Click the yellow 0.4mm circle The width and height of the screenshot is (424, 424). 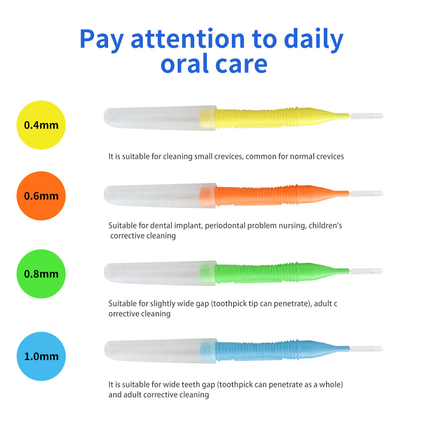click(x=41, y=125)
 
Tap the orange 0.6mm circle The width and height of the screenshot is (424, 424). click(x=41, y=196)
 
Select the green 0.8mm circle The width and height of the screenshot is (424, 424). click(x=41, y=273)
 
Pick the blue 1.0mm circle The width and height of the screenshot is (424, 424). click(x=41, y=356)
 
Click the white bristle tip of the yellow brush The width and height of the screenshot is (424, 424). click(x=367, y=116)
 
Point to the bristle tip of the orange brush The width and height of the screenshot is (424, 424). click(x=366, y=194)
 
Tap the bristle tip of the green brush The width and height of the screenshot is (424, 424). click(x=366, y=271)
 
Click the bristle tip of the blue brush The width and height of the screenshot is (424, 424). click(x=366, y=349)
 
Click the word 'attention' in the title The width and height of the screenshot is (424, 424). click(x=188, y=39)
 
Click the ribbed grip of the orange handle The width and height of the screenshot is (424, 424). click(x=257, y=195)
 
